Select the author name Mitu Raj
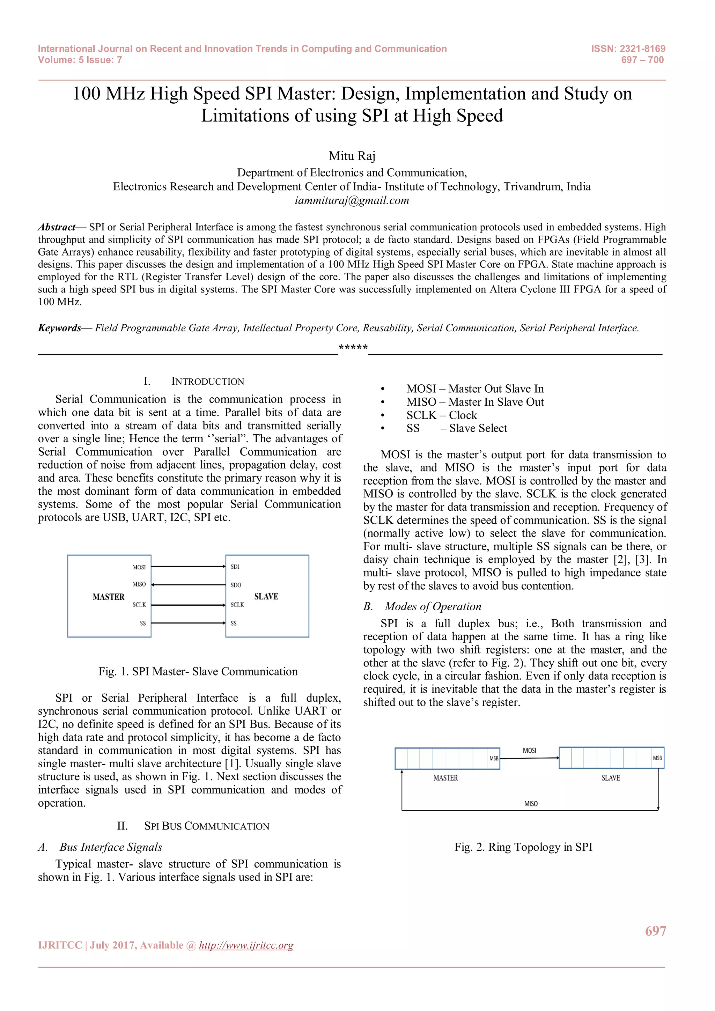tap(352, 156)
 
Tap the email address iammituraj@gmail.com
tap(352, 201)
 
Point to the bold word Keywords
tap(59, 328)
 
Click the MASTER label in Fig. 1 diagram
tap(108, 597)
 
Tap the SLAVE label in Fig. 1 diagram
tap(266, 597)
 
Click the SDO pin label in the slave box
tap(236, 585)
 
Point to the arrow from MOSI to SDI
tap(189, 567)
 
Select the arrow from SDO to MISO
tap(189, 585)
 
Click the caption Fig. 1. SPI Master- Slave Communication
tap(198, 672)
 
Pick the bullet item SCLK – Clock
tap(442, 415)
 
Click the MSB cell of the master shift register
tap(494, 758)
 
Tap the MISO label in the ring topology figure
tap(531, 804)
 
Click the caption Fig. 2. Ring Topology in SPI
tap(523, 847)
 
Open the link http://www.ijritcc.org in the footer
tap(246, 945)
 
